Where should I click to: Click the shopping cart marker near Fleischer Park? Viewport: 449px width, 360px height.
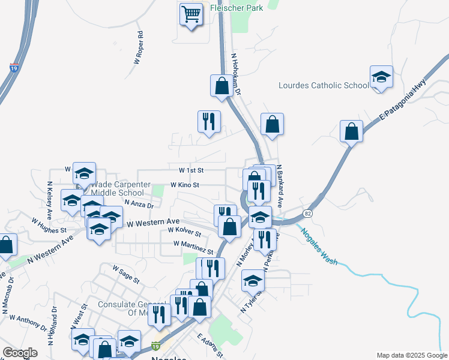click(191, 14)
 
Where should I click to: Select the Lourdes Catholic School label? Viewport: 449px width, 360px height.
click(324, 85)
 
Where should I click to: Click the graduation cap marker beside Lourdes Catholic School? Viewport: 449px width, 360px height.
click(381, 78)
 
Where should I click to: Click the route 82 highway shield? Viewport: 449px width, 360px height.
click(308, 213)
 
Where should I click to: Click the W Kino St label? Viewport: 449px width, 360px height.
click(185, 185)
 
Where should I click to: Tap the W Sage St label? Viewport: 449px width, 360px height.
click(125, 277)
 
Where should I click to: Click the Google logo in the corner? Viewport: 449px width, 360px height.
click(20, 353)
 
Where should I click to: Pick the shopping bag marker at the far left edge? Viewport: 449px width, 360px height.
click(6, 245)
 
